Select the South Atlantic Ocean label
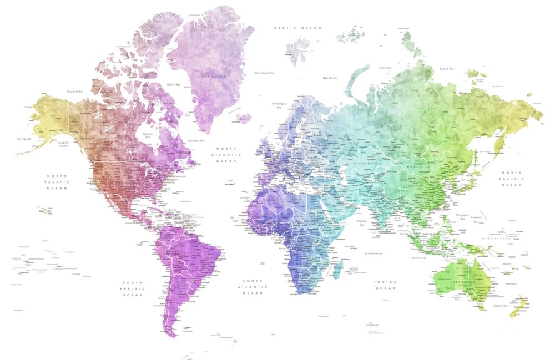point(253,287)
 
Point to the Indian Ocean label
point(386,285)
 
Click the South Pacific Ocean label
point(133,288)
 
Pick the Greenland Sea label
point(265,73)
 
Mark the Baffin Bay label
point(174,85)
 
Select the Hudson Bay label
point(148,135)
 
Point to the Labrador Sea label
point(196,141)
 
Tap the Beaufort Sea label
point(75,91)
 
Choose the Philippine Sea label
point(462,216)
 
